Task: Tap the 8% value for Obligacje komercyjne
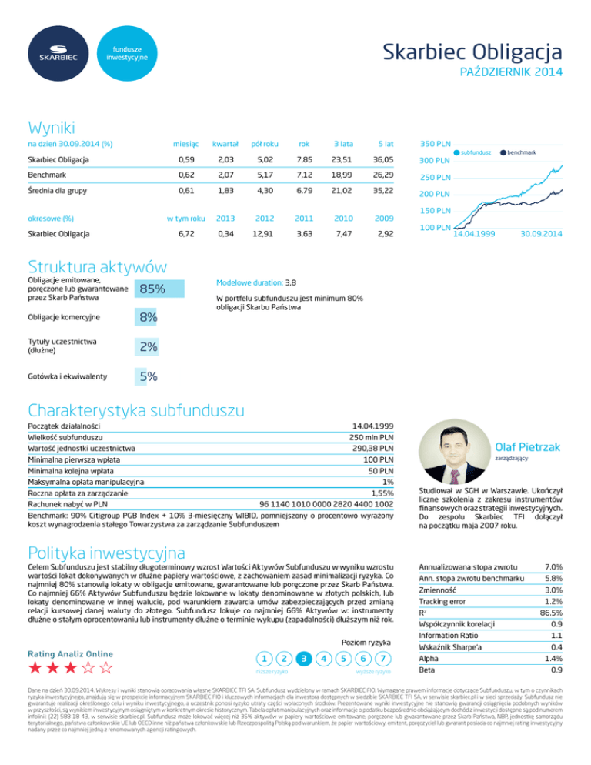148,318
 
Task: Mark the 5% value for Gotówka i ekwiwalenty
148,376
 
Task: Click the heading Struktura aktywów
97,266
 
